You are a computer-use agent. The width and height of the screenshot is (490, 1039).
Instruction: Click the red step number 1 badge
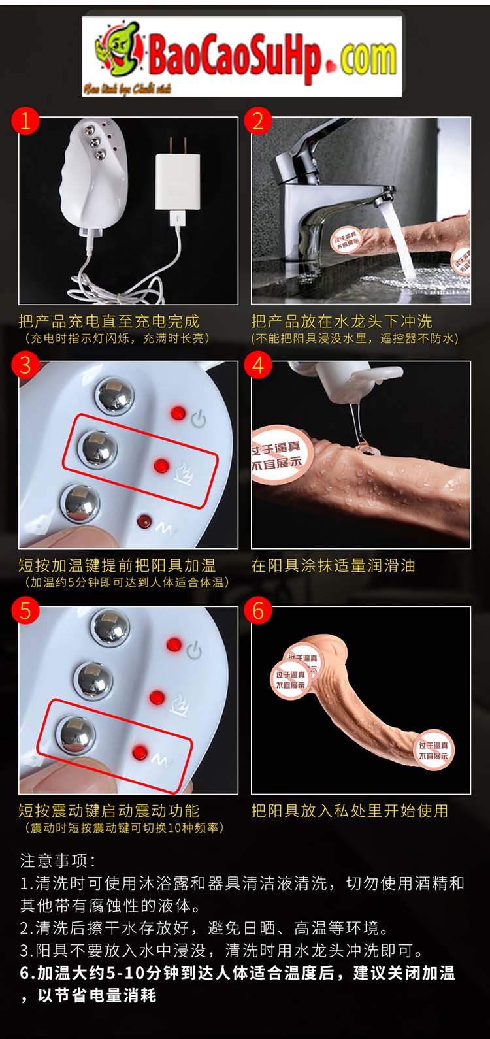point(25,121)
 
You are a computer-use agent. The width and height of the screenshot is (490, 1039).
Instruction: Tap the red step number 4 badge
point(258,365)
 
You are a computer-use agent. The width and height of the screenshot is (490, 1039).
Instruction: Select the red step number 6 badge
point(258,610)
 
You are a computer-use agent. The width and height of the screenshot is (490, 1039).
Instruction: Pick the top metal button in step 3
point(115,396)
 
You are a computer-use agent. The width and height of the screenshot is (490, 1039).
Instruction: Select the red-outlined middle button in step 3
point(99,449)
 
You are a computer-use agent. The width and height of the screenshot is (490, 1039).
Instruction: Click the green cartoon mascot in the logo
point(118,50)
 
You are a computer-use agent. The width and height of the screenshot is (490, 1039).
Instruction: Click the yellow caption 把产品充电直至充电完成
point(108,321)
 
